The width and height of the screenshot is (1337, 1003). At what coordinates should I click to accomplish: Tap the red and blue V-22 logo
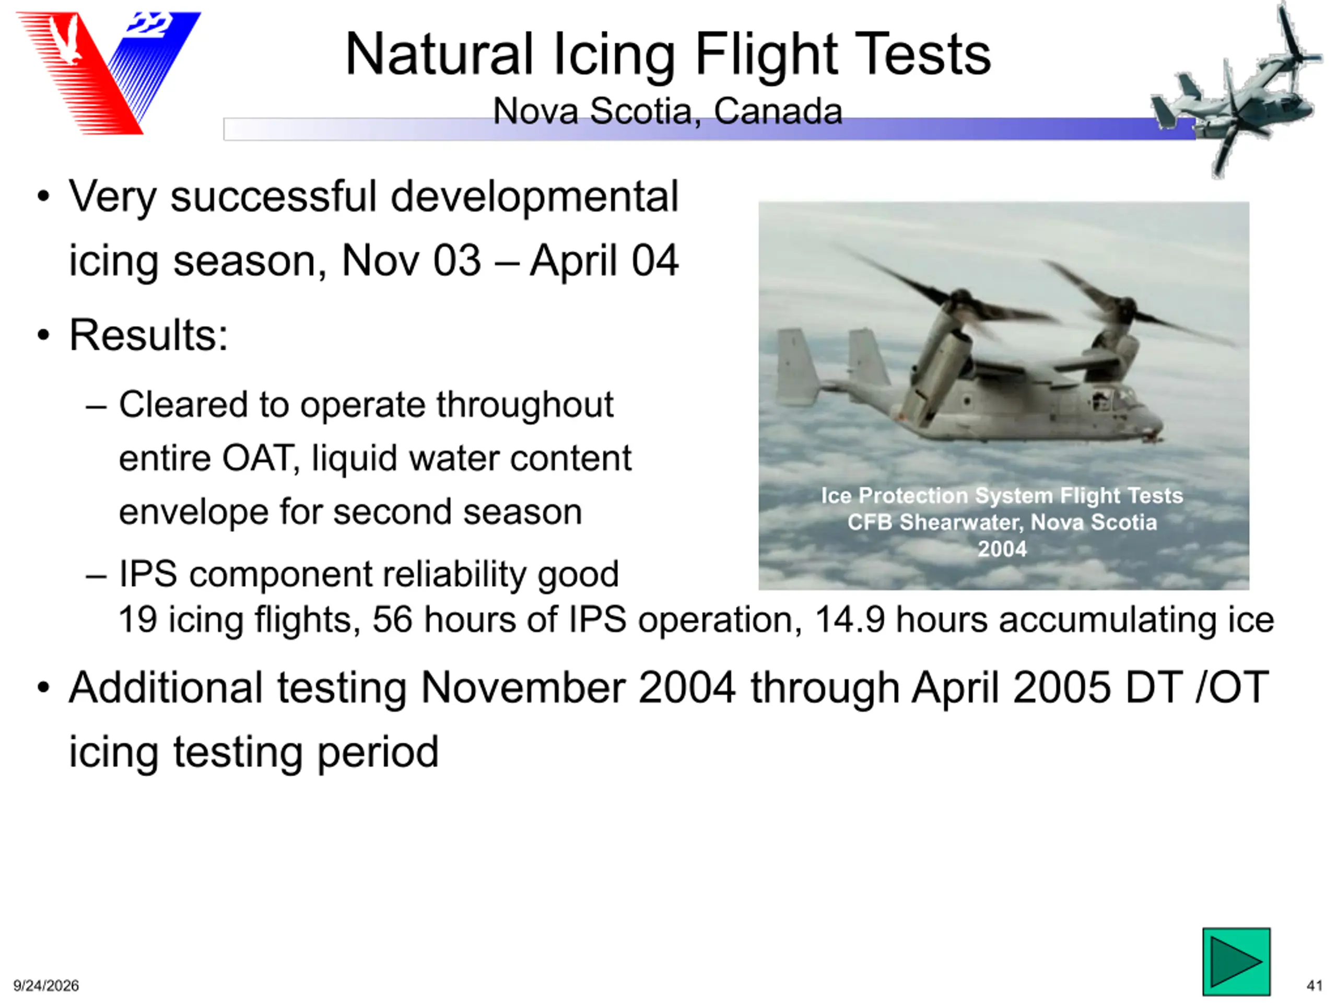point(109,73)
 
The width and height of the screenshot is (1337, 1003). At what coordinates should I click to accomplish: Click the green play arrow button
point(1236,961)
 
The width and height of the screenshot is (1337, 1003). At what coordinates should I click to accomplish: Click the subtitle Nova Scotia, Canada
point(667,111)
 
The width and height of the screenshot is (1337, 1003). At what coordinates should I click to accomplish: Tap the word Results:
point(149,334)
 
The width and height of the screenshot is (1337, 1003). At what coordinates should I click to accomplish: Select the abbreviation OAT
point(261,458)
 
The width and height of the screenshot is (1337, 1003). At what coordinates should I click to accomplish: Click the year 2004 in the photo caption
point(1003,549)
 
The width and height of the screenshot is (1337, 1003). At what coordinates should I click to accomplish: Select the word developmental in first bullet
point(535,197)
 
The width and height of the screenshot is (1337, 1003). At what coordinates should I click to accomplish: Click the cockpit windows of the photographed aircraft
point(1112,399)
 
